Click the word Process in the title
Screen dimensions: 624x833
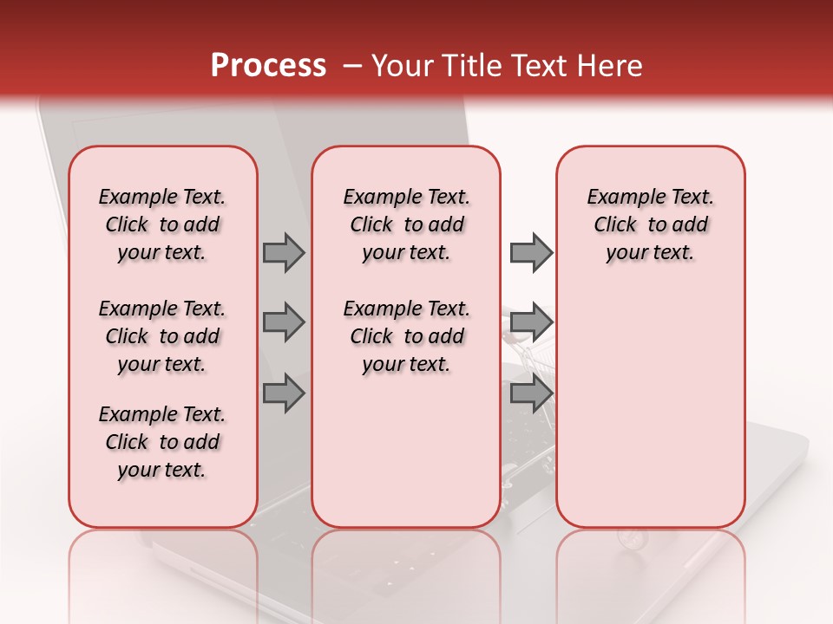(268, 66)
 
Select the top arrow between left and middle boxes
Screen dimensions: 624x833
(284, 252)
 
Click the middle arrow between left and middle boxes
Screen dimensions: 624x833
(284, 322)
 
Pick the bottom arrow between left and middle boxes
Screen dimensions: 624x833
(284, 393)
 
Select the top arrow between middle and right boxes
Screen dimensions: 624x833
(531, 252)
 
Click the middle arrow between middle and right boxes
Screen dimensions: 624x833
(531, 322)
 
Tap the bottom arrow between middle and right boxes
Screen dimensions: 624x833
(531, 393)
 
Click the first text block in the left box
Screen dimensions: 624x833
(162, 224)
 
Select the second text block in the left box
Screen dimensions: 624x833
(162, 336)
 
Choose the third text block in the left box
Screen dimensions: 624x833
(162, 442)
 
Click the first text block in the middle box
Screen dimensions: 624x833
(406, 224)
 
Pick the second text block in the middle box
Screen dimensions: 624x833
(406, 336)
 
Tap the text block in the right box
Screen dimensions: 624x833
(650, 224)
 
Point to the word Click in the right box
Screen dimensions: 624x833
(615, 225)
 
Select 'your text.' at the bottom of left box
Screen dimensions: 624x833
(162, 470)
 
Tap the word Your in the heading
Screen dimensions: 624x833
(400, 66)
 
